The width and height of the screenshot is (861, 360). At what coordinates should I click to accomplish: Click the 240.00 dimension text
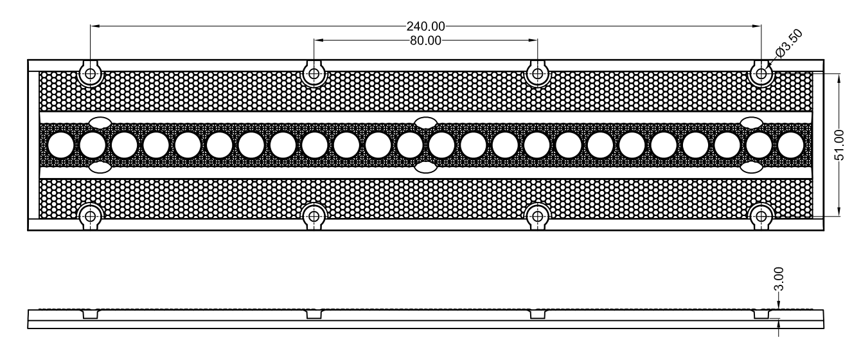coord(425,26)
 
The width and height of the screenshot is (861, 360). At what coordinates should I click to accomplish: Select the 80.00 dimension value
coord(425,40)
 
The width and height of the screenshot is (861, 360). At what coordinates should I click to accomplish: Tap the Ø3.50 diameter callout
coord(789,43)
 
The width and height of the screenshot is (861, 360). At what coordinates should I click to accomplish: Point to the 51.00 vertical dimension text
coord(839,145)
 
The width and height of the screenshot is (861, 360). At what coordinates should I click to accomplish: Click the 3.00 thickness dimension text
coord(778,279)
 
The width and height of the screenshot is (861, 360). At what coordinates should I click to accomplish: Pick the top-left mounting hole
coord(91,73)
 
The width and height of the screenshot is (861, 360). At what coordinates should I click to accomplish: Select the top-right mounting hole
coord(761,73)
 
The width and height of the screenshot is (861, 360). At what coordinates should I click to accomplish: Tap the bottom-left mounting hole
coord(91,217)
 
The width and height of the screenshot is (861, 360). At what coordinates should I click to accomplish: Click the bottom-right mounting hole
coord(761,217)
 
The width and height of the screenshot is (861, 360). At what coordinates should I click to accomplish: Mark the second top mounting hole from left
coord(314,73)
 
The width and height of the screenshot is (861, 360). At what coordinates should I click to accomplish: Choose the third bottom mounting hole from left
coord(537,217)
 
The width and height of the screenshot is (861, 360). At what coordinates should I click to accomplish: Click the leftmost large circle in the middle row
coord(61,145)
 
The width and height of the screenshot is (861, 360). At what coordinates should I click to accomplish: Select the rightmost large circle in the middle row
coord(791,145)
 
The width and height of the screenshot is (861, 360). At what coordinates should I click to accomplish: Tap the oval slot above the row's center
coord(426,123)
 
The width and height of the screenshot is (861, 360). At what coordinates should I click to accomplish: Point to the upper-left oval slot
coord(100,123)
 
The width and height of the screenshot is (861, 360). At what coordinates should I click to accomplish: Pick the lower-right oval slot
coord(752,168)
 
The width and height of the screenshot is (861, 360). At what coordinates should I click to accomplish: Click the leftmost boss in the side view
coord(91,314)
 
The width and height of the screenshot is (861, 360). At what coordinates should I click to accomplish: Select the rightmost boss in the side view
coord(761,314)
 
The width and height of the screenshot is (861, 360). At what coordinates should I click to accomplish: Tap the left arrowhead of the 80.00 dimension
coord(318,40)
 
